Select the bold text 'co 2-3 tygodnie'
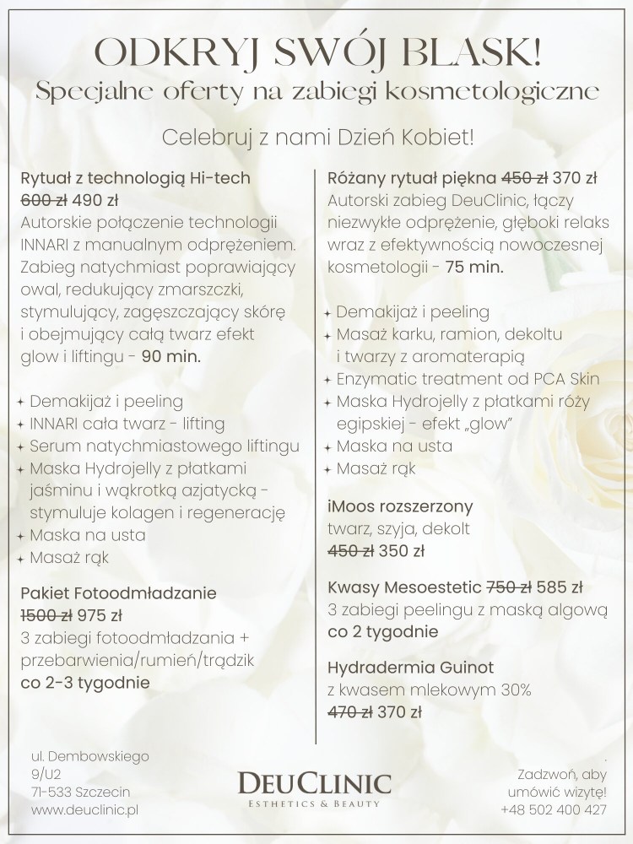click(x=85, y=682)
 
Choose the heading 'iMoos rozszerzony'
click(x=400, y=507)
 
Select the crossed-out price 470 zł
click(x=350, y=712)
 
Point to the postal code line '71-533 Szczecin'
click(x=77, y=792)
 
